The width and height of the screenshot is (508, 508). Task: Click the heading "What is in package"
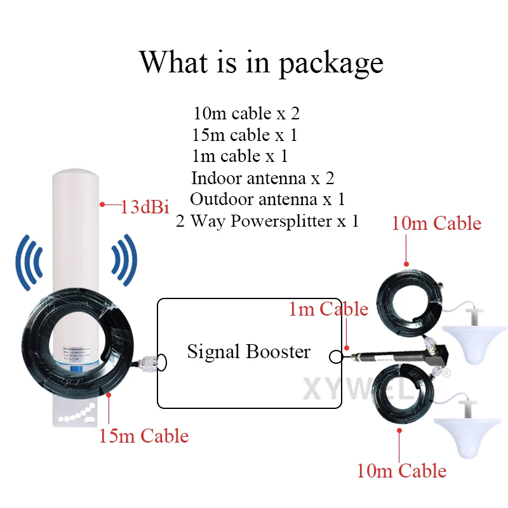click(x=261, y=62)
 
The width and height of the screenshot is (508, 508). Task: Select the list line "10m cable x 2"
click(x=246, y=114)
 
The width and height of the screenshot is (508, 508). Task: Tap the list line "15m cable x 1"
click(x=244, y=135)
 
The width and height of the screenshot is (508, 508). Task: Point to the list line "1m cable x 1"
click(x=239, y=156)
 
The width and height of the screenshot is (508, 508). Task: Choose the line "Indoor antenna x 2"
click(x=262, y=178)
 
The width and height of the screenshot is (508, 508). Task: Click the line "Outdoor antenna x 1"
click(x=267, y=199)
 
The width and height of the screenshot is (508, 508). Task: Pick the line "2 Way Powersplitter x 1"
click(x=267, y=221)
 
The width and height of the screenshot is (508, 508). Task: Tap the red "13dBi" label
click(x=144, y=206)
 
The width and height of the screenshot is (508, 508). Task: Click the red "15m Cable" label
click(x=144, y=436)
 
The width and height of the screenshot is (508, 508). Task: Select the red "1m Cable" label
click(x=328, y=309)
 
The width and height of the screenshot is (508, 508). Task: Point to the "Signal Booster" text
click(x=248, y=351)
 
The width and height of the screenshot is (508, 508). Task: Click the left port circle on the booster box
click(x=162, y=361)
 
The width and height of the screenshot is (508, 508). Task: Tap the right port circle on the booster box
click(x=335, y=357)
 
